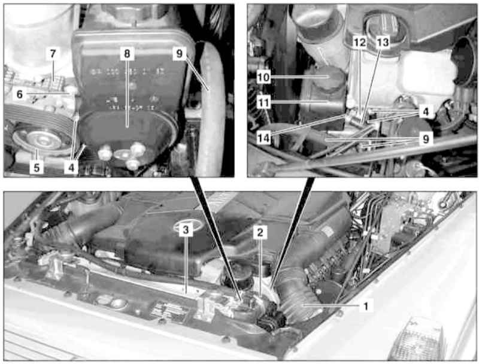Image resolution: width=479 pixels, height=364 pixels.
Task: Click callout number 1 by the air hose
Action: tap(366, 305)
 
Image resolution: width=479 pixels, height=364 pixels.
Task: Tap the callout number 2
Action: tap(260, 233)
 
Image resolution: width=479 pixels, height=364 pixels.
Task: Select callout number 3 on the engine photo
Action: tap(186, 230)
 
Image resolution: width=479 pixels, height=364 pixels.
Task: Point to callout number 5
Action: tap(37, 167)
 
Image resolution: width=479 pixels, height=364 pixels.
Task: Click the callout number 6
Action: tap(20, 95)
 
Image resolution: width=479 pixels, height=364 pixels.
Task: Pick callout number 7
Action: tap(53, 54)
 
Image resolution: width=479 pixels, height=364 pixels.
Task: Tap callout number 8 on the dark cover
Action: tap(127, 54)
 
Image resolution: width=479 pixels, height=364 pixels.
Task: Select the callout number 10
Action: tap(263, 77)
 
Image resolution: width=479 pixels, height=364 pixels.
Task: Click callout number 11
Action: tap(263, 102)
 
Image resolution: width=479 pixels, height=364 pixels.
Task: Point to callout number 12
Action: tap(360, 42)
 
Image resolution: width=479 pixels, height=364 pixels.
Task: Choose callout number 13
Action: tap(383, 42)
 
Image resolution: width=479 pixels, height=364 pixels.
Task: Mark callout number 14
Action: tap(263, 138)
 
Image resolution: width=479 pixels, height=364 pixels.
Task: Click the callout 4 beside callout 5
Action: tap(71, 167)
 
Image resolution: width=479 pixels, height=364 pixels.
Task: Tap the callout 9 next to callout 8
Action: tap(179, 54)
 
